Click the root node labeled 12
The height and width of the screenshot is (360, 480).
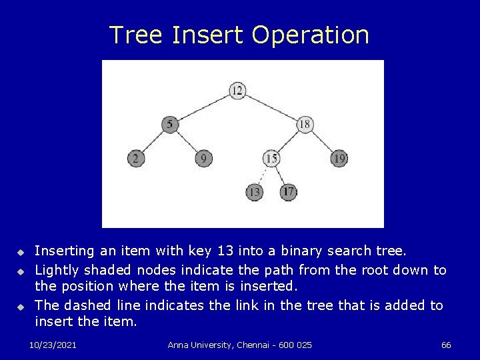click(x=238, y=90)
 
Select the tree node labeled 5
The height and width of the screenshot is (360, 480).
click(x=171, y=124)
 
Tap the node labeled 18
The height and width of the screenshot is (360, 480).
click(x=305, y=124)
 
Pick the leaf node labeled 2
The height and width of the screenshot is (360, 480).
click(x=136, y=158)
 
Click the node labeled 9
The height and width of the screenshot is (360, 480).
click(x=204, y=158)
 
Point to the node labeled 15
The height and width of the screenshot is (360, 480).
click(x=271, y=158)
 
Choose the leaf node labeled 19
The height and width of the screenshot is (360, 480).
click(x=339, y=158)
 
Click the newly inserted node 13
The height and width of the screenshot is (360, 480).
click(x=254, y=192)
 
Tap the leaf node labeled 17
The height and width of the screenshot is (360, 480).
click(x=288, y=192)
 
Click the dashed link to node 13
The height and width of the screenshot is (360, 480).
click(x=263, y=175)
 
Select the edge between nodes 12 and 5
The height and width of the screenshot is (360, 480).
click(x=204, y=107)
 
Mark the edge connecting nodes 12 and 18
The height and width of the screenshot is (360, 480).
click(x=271, y=107)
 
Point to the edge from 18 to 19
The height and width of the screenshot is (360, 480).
click(x=322, y=141)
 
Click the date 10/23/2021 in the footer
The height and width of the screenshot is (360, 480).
click(x=53, y=345)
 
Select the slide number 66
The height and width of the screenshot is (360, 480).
click(x=446, y=345)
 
